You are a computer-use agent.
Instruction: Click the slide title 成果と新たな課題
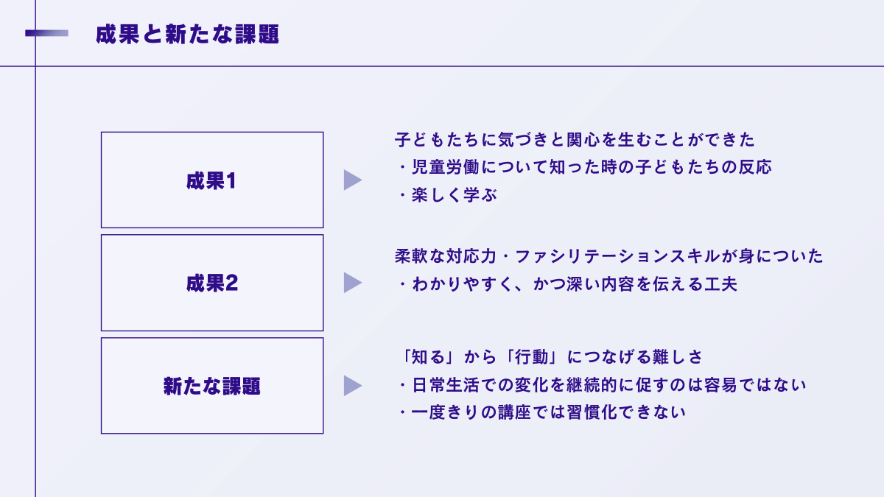[187, 35]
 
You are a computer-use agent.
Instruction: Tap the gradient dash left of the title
[46, 33]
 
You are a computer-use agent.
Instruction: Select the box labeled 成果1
[212, 180]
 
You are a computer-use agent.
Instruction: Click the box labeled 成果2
[212, 283]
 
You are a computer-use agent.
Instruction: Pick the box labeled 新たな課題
[212, 386]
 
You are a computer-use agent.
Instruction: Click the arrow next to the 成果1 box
[352, 180]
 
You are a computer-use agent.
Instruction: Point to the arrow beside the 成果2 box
[352, 283]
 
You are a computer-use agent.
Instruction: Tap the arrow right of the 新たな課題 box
[352, 386]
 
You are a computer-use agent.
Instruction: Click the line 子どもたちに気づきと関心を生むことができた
[575, 139]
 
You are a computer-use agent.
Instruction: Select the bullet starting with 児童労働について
[584, 167]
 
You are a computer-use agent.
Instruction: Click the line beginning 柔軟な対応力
[608, 257]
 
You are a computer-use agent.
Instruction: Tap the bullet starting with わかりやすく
[567, 285]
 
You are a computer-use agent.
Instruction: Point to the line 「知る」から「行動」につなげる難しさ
[549, 357]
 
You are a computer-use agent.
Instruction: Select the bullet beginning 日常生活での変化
[601, 385]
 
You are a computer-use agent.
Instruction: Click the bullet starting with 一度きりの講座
[541, 412]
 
